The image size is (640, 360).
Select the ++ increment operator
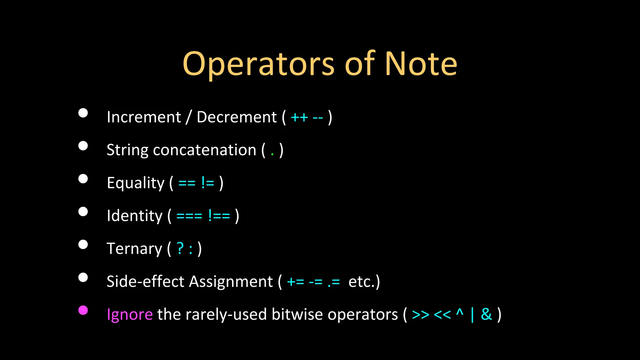coord(299,118)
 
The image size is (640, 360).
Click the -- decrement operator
coord(317,118)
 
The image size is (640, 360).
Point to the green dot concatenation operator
coord(272,154)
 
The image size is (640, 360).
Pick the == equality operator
coord(187,183)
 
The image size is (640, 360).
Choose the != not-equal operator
coord(208,183)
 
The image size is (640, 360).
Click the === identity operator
coord(189,216)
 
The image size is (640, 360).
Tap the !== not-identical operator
coord(219,216)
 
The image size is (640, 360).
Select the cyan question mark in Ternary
coord(180,248)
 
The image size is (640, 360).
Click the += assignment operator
coord(295,282)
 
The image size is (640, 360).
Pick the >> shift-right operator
coord(420,315)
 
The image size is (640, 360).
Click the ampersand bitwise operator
coord(486,314)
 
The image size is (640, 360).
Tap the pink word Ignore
coord(130,315)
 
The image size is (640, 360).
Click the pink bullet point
coord(83,310)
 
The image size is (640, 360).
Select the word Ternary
coord(134,249)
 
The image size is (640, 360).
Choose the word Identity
coord(134,216)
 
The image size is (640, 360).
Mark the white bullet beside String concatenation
coord(83,146)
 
